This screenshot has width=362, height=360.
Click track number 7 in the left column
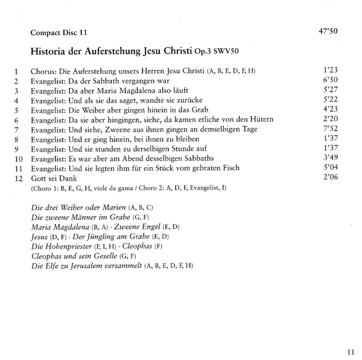17,130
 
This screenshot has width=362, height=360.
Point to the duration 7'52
332,129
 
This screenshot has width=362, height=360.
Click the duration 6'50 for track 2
332,80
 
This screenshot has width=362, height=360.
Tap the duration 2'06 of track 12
332,178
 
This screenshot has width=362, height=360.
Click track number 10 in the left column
17,159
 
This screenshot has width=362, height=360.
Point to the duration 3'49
332,158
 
